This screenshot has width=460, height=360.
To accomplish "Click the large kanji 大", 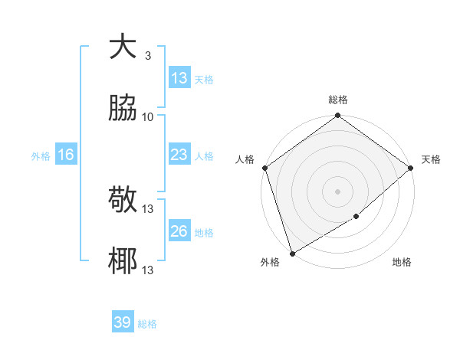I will click(x=123, y=47).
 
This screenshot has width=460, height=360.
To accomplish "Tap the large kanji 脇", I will click(x=123, y=110).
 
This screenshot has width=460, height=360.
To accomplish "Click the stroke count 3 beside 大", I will click(x=147, y=56).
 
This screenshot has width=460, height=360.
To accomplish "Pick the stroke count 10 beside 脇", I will click(x=148, y=117).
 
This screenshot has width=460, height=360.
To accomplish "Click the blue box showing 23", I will click(x=179, y=155).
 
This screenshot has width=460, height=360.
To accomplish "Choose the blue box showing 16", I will click(x=66, y=155).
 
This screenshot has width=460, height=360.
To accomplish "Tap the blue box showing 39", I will click(x=123, y=323).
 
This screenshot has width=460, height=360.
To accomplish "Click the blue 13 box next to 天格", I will click(x=179, y=78).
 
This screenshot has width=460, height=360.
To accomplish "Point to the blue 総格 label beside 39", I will click(x=147, y=324).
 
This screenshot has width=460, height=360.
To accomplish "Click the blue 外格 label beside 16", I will click(x=41, y=156).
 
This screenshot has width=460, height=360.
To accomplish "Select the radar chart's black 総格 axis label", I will click(x=338, y=100).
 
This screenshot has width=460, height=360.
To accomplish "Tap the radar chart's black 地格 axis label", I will click(x=402, y=263).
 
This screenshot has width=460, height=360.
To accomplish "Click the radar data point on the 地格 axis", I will click(x=356, y=217).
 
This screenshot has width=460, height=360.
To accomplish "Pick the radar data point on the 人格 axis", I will click(x=264, y=168).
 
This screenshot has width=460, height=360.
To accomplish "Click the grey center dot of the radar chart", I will click(x=338, y=191).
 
